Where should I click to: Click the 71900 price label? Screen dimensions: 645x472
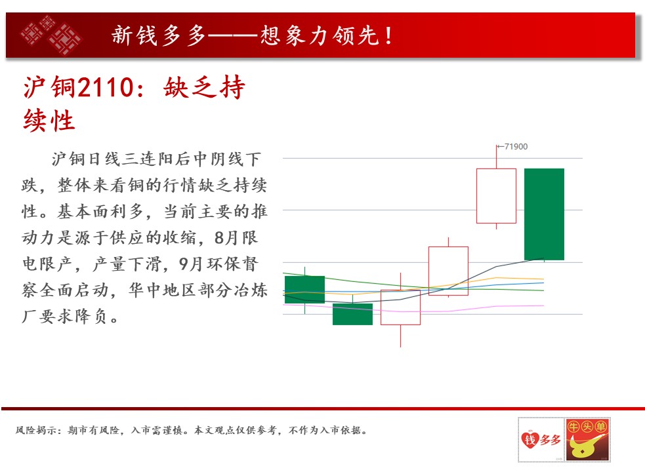[516, 147]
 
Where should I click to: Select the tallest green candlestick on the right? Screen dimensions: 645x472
[544, 214]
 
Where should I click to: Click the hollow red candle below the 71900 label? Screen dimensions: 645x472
[496, 196]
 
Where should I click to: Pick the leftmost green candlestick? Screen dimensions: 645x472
[305, 290]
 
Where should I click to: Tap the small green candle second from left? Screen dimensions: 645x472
[352, 314]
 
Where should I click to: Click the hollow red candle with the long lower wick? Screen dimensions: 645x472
[400, 307]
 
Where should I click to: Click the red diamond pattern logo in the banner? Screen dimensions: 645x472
[51, 35]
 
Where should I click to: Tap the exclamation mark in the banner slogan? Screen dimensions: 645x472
[388, 35]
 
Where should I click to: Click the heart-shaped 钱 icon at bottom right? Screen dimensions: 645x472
[530, 440]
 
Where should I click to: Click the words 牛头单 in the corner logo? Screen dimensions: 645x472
[587, 427]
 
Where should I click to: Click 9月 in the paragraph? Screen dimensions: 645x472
[190, 264]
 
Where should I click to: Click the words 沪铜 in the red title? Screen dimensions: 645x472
[49, 87]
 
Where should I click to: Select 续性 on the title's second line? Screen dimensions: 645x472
[49, 121]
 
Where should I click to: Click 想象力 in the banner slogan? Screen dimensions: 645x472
[295, 35]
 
